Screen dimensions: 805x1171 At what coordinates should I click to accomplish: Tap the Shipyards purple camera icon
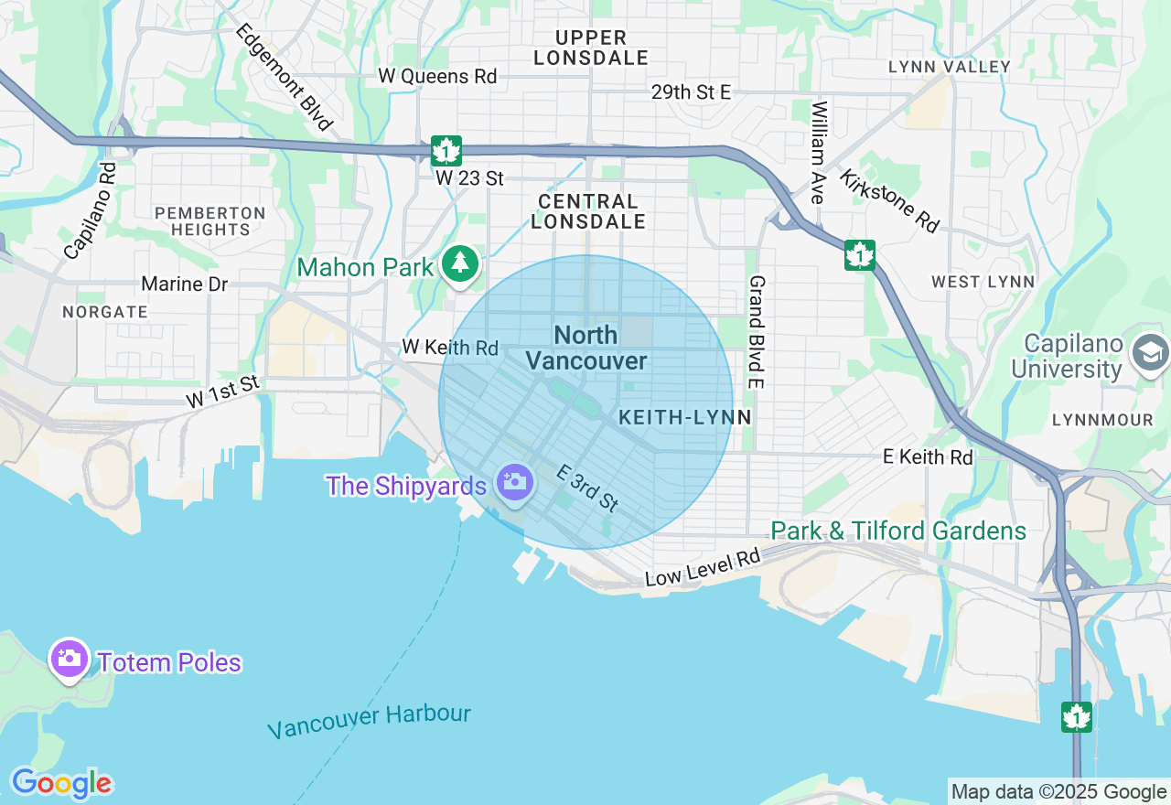pyautogui.click(x=514, y=481)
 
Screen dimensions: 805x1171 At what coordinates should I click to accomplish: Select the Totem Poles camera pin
pyautogui.click(x=70, y=658)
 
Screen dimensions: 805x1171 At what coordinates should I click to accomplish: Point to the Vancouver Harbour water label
pyautogui.click(x=369, y=721)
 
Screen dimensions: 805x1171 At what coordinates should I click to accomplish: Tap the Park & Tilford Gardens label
pyautogui.click(x=897, y=531)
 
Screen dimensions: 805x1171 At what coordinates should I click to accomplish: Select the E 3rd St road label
pyautogui.click(x=588, y=488)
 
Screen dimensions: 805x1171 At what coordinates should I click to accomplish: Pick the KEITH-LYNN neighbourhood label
pyautogui.click(x=684, y=417)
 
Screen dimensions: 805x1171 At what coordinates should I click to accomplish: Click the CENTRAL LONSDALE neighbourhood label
pyautogui.click(x=588, y=211)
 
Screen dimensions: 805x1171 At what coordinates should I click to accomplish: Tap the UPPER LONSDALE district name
pyautogui.click(x=590, y=48)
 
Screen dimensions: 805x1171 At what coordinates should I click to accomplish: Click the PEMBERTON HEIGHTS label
pyautogui.click(x=210, y=221)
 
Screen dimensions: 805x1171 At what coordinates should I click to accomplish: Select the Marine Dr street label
pyautogui.click(x=185, y=284)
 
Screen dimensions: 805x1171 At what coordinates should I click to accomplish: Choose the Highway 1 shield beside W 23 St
pyautogui.click(x=446, y=150)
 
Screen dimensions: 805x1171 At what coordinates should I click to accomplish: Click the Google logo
pyautogui.click(x=60, y=784)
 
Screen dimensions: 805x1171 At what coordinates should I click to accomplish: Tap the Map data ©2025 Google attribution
pyautogui.click(x=1058, y=792)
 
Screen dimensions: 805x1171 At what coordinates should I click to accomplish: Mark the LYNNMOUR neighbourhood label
pyautogui.click(x=1102, y=420)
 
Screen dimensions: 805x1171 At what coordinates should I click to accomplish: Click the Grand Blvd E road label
pyautogui.click(x=757, y=331)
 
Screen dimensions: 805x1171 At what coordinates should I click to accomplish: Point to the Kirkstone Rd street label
pyautogui.click(x=888, y=200)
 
